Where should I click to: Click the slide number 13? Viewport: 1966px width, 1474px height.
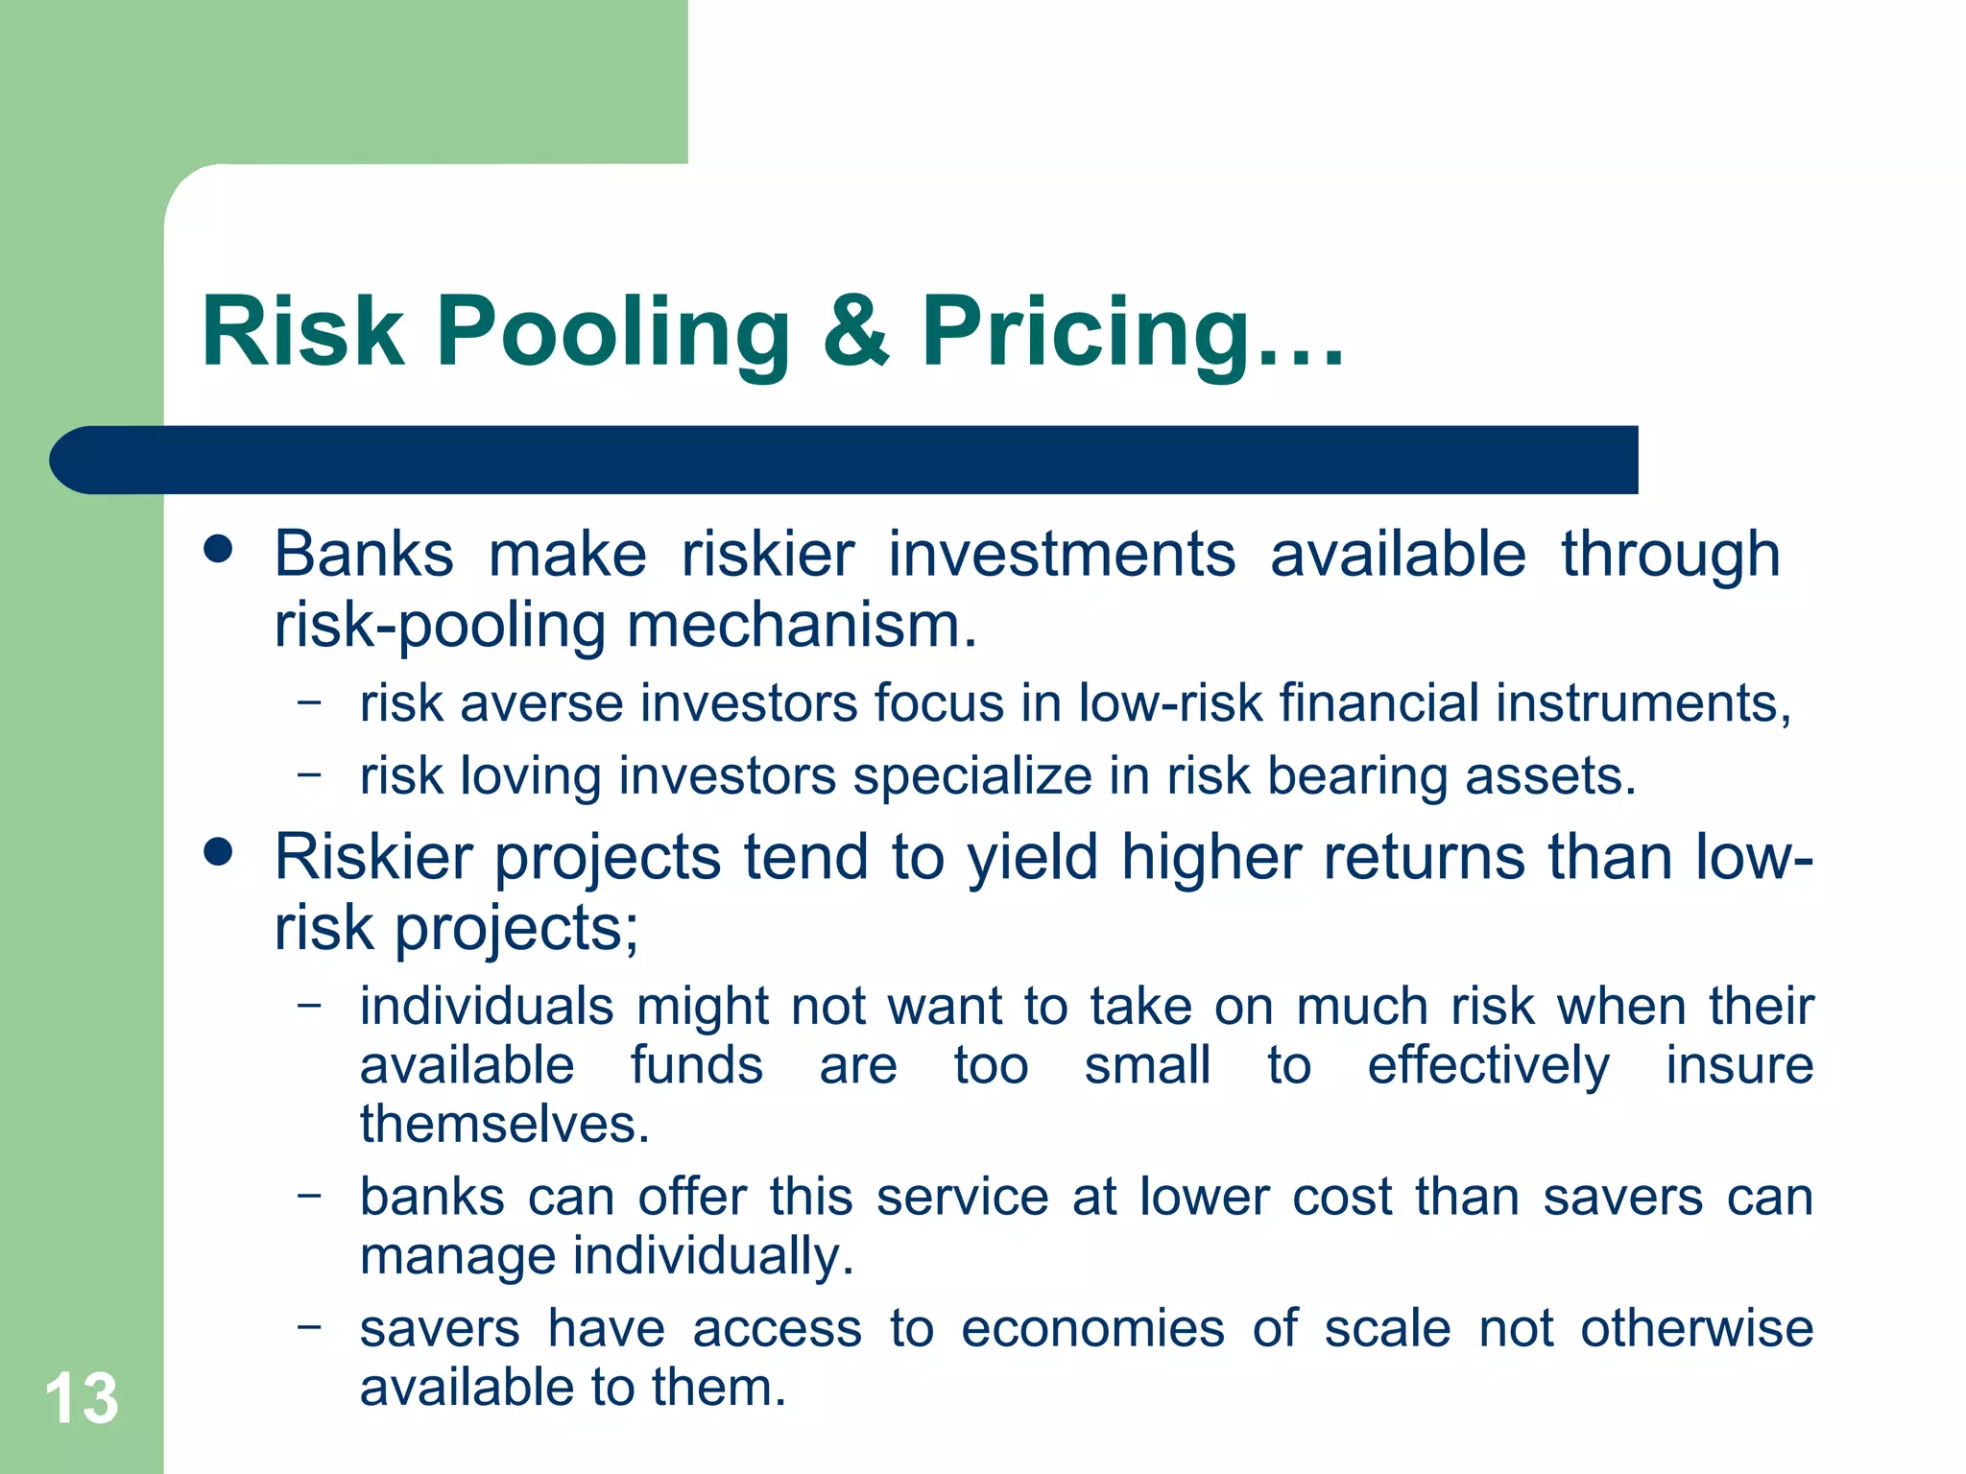point(82,1399)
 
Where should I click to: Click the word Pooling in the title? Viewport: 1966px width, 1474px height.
point(612,333)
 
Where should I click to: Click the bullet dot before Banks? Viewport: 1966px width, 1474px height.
point(219,549)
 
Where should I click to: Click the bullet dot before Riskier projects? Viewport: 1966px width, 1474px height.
point(219,851)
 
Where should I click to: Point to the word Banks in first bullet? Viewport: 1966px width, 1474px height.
point(364,555)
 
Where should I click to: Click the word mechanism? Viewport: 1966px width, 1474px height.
point(801,626)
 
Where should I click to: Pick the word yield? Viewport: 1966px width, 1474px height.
point(1032,857)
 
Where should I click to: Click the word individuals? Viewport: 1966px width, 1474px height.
point(487,1007)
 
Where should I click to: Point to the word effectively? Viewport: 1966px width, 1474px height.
point(1488,1066)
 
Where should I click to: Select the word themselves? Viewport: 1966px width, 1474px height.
point(505,1125)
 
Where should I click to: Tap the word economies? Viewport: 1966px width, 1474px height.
point(1092,1329)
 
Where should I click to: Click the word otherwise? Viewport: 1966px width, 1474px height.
point(1696,1329)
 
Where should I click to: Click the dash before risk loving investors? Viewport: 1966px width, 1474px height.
point(309,773)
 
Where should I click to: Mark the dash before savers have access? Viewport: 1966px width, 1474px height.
point(309,1326)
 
